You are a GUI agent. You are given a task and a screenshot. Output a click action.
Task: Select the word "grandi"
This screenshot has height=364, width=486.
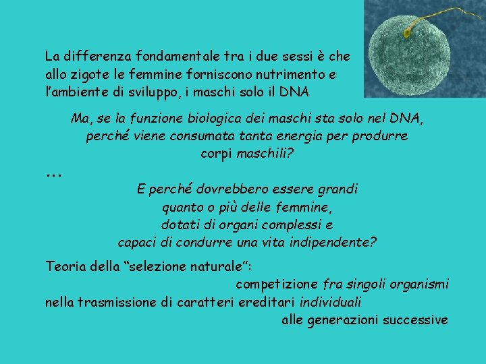[335, 189]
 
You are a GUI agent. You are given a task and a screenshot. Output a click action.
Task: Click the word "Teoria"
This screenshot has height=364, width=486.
[66, 266]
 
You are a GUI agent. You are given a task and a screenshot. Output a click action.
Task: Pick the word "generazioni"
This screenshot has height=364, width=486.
[343, 320]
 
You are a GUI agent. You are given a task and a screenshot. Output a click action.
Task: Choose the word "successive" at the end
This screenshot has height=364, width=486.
[415, 320]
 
